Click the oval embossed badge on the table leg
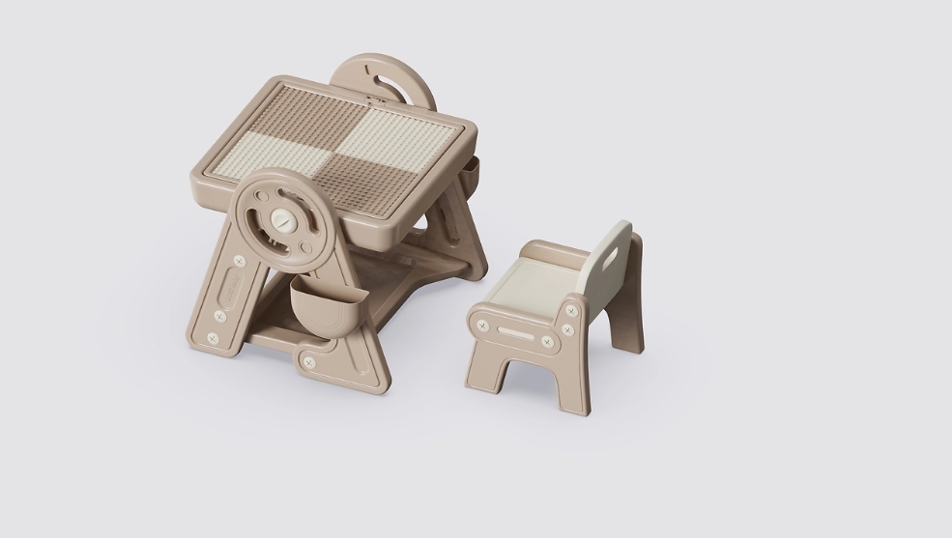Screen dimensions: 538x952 point(236,286)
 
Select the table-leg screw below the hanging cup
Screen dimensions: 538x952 point(308,362)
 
